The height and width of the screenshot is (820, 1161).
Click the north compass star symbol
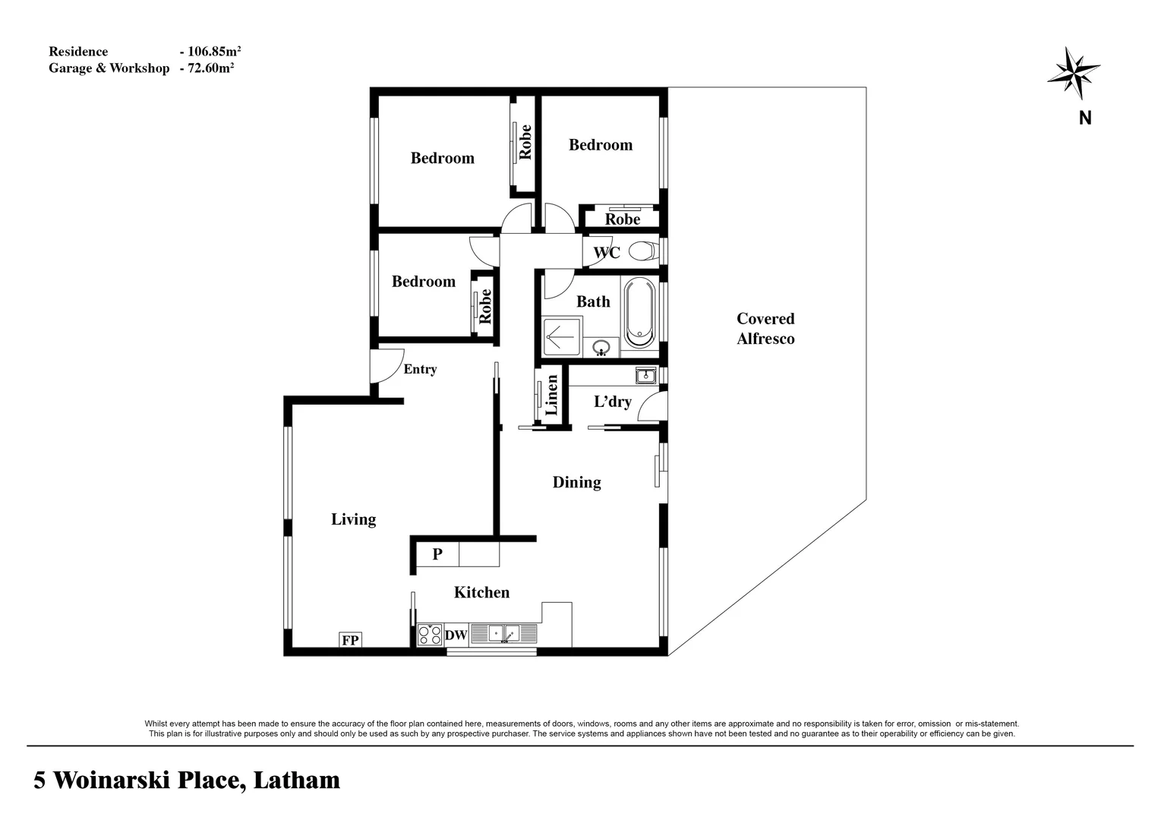pos(1073,72)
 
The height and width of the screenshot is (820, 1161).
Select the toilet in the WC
pos(643,251)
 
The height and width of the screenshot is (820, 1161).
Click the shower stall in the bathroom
pos(561,337)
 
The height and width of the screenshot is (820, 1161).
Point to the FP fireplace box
pos(350,640)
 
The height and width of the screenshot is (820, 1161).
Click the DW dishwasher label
pos(456,635)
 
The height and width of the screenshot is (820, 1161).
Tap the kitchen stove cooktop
pos(430,635)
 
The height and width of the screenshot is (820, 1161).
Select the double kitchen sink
pos(503,632)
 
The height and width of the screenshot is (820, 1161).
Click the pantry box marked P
pos(437,553)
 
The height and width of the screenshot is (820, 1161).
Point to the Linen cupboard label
pos(552,395)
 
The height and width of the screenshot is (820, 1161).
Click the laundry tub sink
pos(645,375)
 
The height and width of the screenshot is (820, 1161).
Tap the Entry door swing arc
pos(389,366)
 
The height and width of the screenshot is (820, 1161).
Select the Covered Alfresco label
pos(765,329)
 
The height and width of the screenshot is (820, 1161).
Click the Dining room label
pos(576,482)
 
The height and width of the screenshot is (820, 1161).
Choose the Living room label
pos(353,519)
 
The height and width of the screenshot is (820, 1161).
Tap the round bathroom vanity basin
pos(601,348)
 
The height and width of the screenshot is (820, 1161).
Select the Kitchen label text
pos(481,592)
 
